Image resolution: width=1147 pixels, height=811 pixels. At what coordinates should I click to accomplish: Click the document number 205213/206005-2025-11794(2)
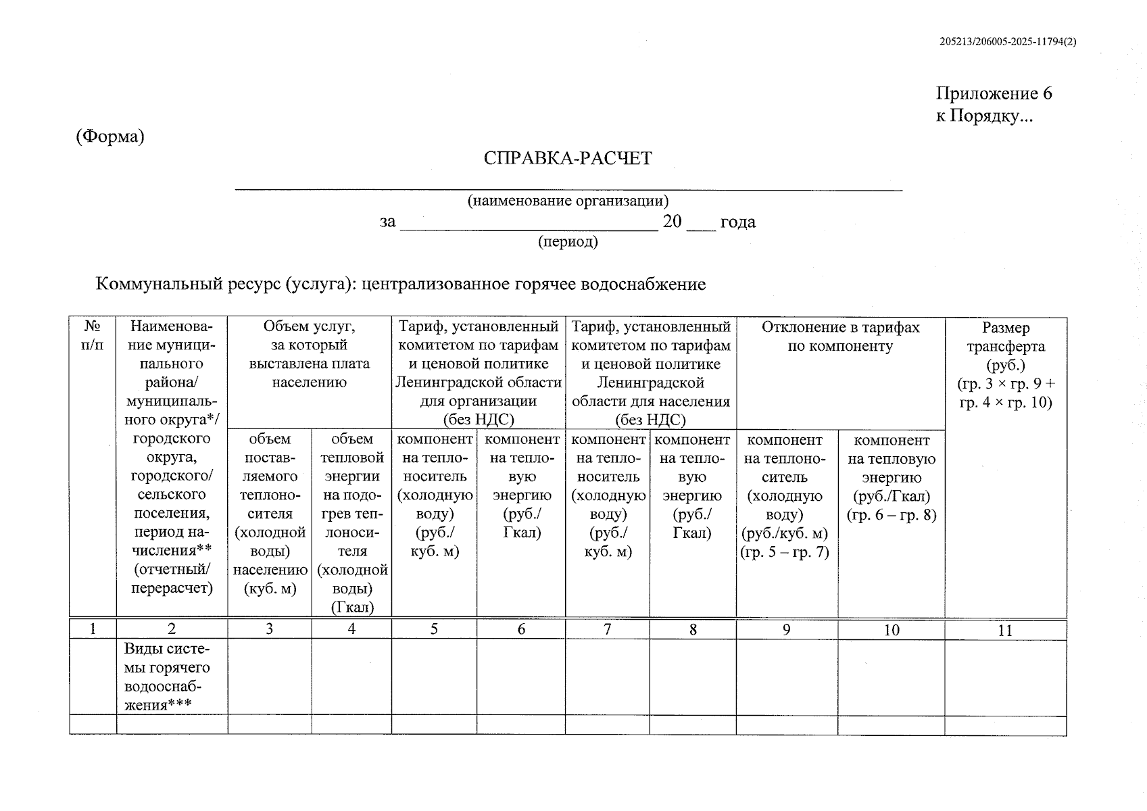point(1007,41)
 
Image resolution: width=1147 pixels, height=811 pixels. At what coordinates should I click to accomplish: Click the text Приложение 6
point(994,93)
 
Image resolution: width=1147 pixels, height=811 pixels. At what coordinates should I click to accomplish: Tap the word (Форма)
point(110,137)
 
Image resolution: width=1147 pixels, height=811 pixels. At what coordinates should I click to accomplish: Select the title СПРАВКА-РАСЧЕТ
point(568,158)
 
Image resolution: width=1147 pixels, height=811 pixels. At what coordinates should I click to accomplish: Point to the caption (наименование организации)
point(568,201)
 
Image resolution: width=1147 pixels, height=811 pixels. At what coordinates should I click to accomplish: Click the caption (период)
point(568,241)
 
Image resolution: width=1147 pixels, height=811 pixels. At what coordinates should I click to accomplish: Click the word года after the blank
point(737,222)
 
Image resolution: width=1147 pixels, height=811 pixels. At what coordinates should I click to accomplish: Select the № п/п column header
point(93,336)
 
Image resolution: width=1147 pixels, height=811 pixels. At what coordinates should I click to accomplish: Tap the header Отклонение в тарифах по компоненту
point(840,337)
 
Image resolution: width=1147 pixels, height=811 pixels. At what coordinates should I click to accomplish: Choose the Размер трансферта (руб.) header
point(1005,346)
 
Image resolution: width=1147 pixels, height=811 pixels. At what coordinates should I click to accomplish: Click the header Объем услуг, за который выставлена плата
point(309,354)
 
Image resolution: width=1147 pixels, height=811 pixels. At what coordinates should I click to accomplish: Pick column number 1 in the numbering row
point(93,629)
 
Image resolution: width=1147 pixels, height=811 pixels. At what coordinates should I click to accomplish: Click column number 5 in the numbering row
point(434,629)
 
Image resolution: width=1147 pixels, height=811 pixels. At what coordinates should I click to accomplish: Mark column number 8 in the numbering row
point(693,630)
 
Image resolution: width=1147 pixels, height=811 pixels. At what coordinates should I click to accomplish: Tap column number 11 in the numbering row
point(1005,631)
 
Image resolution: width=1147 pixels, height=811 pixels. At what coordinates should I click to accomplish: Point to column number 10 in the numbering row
point(892,631)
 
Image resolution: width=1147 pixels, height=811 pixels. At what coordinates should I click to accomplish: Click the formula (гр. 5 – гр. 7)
point(785,552)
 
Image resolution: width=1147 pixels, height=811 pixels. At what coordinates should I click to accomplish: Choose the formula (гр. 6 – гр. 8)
point(892,515)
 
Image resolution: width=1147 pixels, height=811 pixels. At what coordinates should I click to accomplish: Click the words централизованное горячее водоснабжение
point(534,284)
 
